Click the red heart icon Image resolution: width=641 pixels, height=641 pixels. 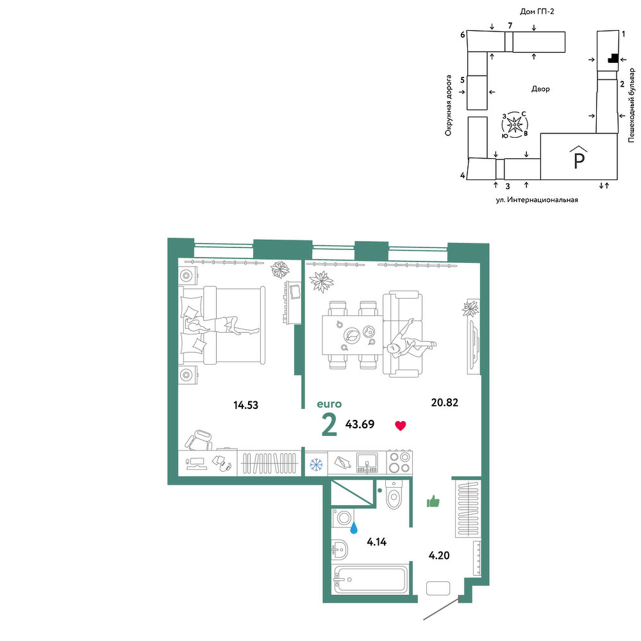pyautogui.click(x=400, y=426)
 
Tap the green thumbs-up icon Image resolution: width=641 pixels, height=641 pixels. pyautogui.click(x=433, y=501)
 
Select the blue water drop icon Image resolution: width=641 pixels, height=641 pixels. pyautogui.click(x=354, y=528)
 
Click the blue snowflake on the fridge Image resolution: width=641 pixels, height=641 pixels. pyautogui.click(x=316, y=464)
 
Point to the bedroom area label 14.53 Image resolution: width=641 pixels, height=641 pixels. pyautogui.click(x=246, y=405)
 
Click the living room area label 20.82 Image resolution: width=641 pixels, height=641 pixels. pyautogui.click(x=444, y=403)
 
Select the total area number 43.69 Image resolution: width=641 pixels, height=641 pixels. pyautogui.click(x=360, y=424)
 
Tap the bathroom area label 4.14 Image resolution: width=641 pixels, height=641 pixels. pyautogui.click(x=376, y=542)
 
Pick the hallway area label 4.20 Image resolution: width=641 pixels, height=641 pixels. pyautogui.click(x=439, y=555)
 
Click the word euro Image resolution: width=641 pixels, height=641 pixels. pyautogui.click(x=329, y=404)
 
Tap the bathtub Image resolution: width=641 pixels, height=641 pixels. pyautogui.click(x=370, y=579)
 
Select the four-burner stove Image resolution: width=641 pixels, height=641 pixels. pyautogui.click(x=399, y=462)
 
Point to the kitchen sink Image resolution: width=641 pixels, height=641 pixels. pyautogui.click(x=367, y=463)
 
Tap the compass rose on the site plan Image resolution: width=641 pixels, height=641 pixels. pyautogui.click(x=514, y=124)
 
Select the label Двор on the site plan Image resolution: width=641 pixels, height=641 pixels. pyautogui.click(x=540, y=88)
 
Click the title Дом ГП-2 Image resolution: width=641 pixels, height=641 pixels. pyautogui.click(x=537, y=12)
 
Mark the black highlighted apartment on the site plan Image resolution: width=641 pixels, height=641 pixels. pyautogui.click(x=612, y=58)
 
